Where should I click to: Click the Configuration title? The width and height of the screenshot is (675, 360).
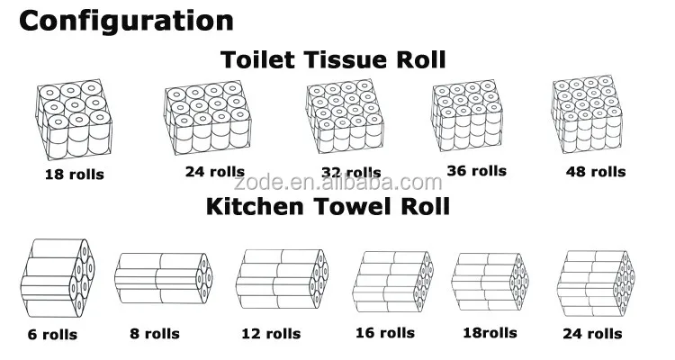pyautogui.click(x=126, y=21)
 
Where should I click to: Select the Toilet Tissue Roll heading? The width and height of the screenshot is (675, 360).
pyautogui.click(x=333, y=60)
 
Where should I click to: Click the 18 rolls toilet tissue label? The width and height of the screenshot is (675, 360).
pyautogui.click(x=74, y=174)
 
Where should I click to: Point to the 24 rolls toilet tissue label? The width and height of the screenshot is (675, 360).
pyautogui.click(x=203, y=173)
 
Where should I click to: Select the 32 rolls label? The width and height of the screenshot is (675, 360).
pyautogui.click(x=350, y=173)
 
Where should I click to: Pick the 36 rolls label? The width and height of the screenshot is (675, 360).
pyautogui.click(x=476, y=170)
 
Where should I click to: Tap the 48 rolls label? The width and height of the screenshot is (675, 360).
pyautogui.click(x=596, y=171)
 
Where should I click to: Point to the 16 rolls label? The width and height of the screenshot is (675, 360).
pyautogui.click(x=385, y=333)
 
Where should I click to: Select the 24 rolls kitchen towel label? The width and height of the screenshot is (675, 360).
pyautogui.click(x=591, y=334)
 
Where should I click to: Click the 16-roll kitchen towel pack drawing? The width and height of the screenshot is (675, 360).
pyautogui.click(x=395, y=280)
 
